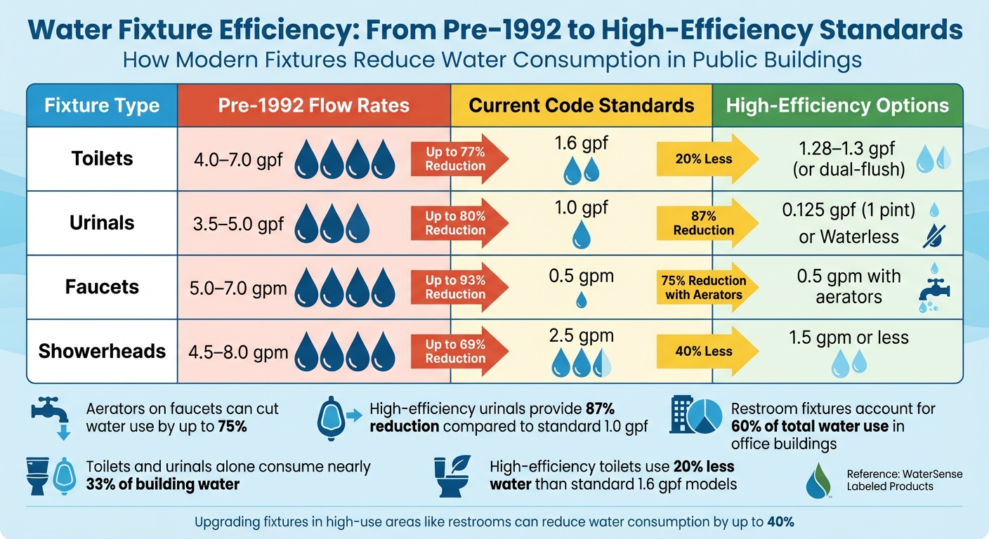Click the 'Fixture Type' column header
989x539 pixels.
[x=102, y=106]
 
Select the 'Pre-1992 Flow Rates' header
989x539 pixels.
[x=313, y=106]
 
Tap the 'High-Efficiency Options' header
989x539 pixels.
[x=837, y=106]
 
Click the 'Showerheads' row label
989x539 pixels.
[x=102, y=351]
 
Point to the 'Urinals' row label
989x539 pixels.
[x=102, y=223]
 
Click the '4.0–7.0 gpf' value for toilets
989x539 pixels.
[x=237, y=160]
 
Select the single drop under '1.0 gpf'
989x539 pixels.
[x=581, y=235]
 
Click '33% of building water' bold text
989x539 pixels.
[x=162, y=484]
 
